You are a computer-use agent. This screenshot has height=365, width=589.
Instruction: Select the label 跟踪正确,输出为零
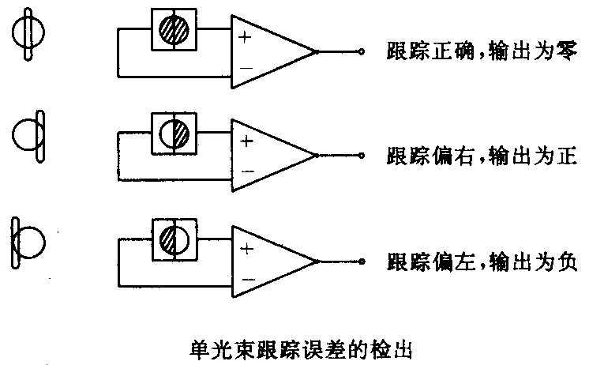(x=483, y=52)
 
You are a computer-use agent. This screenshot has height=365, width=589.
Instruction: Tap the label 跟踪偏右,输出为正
(x=483, y=156)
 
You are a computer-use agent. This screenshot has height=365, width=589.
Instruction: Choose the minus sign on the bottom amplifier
(x=246, y=277)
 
